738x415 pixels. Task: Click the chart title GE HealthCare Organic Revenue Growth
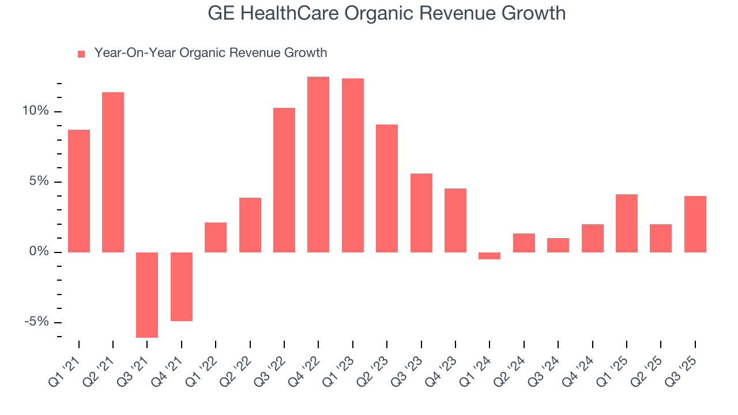tap(387, 13)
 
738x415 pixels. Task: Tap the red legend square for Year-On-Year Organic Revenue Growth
tap(81, 54)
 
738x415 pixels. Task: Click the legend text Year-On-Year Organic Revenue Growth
tap(210, 53)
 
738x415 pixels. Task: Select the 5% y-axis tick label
tap(39, 182)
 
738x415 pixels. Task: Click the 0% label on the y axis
tap(39, 252)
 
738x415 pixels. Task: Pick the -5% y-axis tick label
tap(36, 322)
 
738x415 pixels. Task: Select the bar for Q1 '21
tap(79, 191)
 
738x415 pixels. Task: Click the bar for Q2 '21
tap(113, 172)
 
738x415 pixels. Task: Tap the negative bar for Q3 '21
tap(147, 295)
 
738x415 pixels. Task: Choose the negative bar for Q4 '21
tap(182, 286)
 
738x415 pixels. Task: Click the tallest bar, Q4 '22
tap(318, 164)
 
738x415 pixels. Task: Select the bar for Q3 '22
tap(284, 180)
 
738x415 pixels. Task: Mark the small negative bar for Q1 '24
tap(490, 256)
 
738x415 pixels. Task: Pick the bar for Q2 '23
tap(387, 188)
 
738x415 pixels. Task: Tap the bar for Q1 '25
tap(627, 223)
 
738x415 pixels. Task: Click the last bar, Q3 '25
tap(695, 224)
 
